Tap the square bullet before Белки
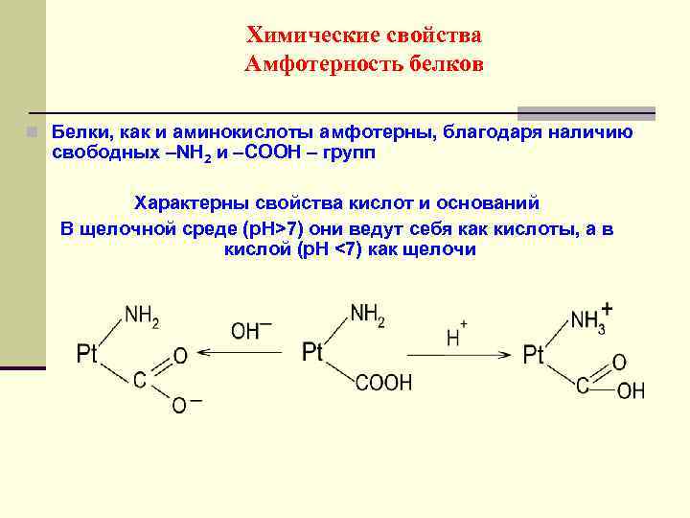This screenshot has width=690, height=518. coord(33,131)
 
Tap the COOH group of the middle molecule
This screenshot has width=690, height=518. coord(383,384)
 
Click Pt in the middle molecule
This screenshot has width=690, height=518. coord(312,353)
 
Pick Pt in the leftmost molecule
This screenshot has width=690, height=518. coord(87,355)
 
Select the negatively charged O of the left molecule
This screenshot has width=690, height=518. coord(179,405)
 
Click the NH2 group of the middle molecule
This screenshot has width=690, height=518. coord(367,315)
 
